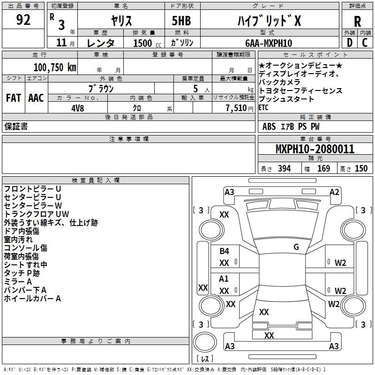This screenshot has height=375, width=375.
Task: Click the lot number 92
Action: [23, 20]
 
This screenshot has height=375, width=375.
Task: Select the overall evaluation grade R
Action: [357, 22]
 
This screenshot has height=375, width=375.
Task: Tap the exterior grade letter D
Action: [349, 43]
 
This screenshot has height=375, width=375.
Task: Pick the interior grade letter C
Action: [365, 43]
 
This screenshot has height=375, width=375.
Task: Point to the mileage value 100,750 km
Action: [55, 67]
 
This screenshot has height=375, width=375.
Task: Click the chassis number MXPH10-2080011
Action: [315, 150]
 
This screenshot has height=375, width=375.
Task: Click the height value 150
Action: [361, 168]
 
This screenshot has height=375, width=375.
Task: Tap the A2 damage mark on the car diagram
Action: [334, 192]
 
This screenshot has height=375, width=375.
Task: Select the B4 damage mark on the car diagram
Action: [224, 251]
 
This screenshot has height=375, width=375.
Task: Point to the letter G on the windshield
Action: [296, 247]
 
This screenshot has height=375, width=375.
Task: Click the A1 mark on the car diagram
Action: [224, 279]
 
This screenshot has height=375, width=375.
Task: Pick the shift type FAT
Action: [13, 98]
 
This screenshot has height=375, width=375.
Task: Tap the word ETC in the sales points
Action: [264, 107]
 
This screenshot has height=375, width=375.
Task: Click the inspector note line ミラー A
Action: [18, 281]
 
